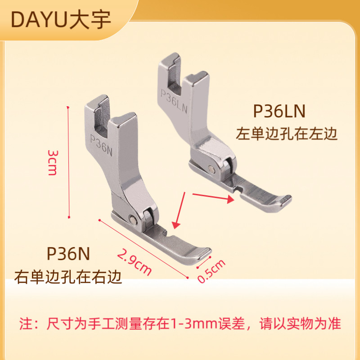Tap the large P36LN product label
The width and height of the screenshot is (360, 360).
click(280, 111)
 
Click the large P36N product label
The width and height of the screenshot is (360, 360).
click(68, 253)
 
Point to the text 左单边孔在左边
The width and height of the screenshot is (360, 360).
click(287, 134)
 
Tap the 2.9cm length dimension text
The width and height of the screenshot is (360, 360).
click(134, 262)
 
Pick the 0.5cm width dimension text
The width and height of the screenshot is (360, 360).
click(211, 271)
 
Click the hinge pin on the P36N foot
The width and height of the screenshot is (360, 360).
click(134, 219)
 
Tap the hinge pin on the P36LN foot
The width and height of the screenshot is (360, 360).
click(212, 169)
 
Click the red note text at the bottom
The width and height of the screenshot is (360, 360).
click(180, 324)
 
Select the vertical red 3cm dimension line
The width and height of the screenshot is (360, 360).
click(69, 162)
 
